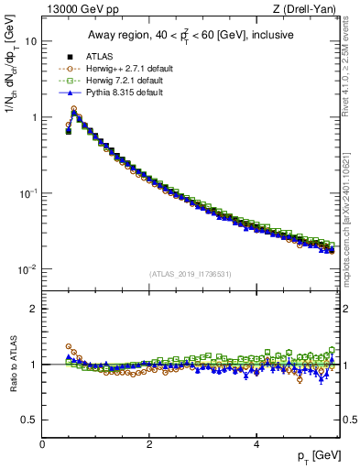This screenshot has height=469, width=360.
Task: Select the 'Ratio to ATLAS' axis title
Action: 13,364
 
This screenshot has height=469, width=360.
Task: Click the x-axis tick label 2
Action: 149,444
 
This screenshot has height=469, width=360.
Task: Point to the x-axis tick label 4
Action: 256,444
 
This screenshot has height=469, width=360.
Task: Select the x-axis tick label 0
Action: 42,444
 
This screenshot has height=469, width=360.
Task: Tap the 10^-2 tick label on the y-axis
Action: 27,269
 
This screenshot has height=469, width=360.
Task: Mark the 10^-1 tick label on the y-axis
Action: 27,193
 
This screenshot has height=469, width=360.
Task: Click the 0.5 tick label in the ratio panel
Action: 29,420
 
